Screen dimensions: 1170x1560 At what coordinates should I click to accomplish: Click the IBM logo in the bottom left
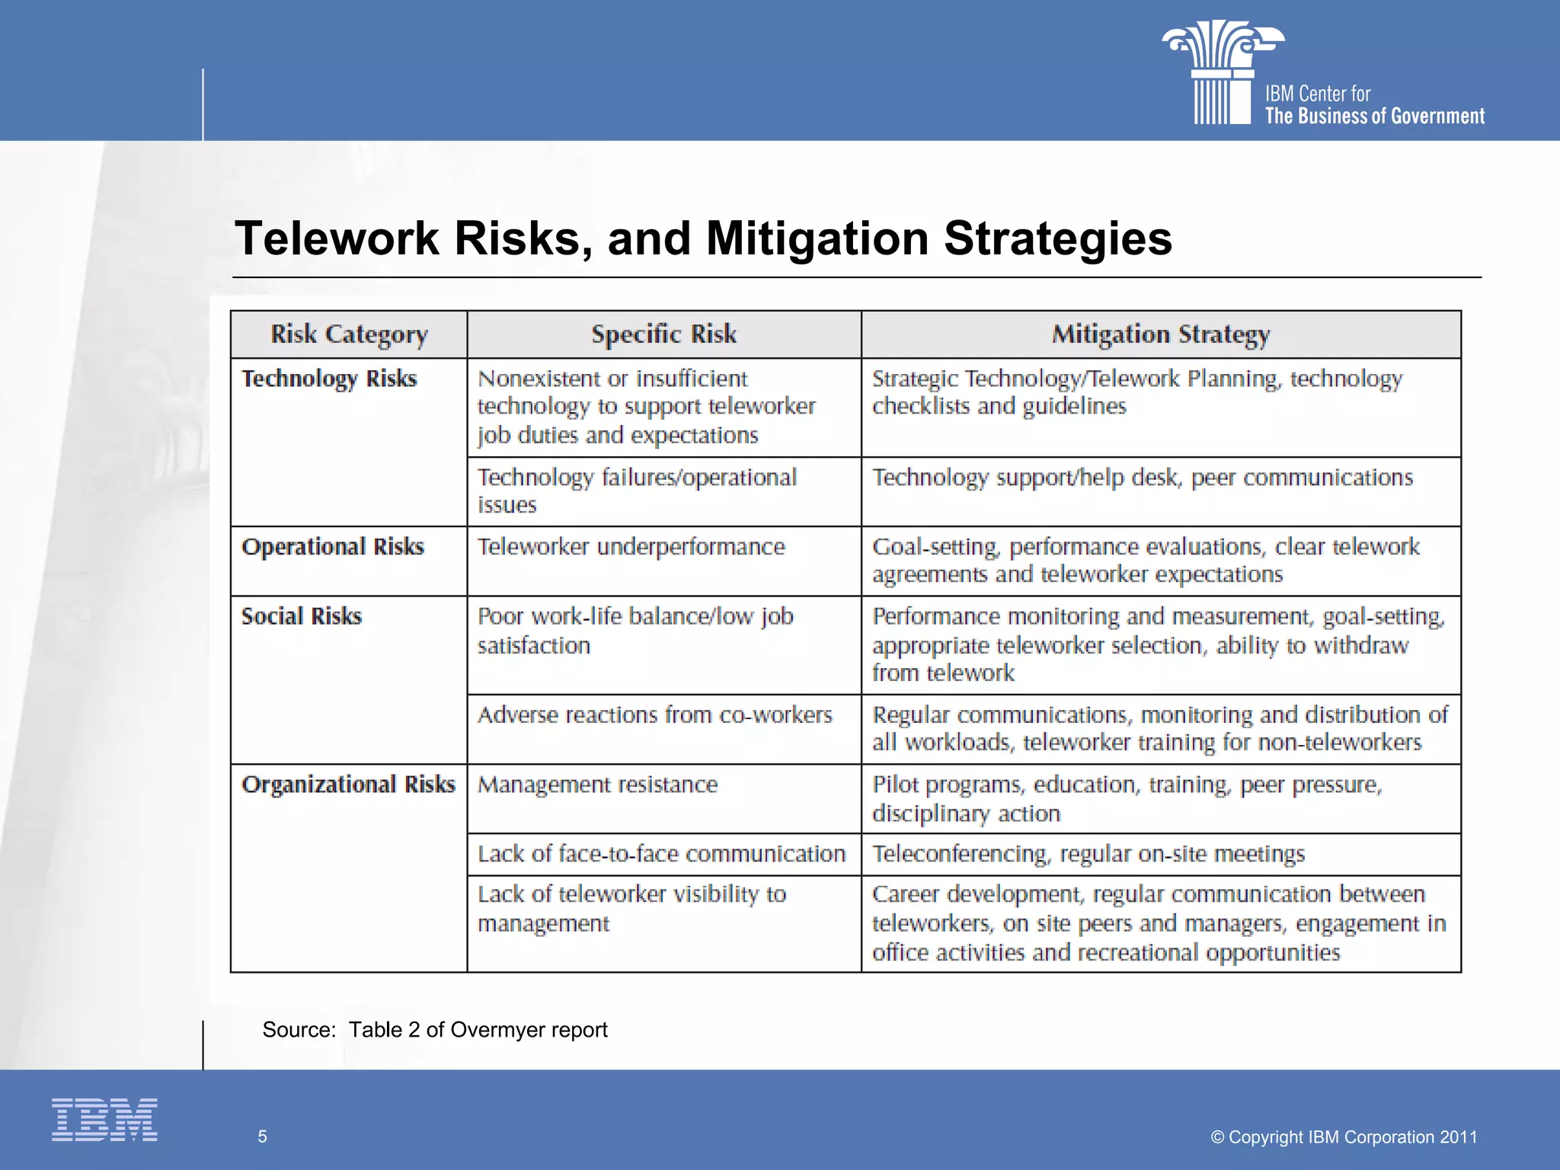[104, 1119]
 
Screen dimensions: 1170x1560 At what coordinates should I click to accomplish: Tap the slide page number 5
[262, 1136]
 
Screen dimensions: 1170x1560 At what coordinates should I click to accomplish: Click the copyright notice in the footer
[1344, 1136]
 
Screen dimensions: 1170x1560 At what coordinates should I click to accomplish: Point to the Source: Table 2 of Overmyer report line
[435, 1030]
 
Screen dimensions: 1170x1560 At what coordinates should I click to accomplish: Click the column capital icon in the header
[1223, 72]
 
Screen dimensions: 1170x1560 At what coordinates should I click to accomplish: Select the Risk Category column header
[349, 334]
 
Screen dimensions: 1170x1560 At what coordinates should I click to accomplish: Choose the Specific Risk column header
[663, 334]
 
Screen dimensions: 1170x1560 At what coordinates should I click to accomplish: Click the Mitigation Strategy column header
[1161, 334]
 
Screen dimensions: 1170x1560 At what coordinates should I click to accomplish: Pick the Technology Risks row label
[329, 379]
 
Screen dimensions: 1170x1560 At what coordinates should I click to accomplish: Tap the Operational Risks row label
[332, 547]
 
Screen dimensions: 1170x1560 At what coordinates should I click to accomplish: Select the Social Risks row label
[302, 616]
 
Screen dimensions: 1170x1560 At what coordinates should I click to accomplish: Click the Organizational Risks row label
[348, 785]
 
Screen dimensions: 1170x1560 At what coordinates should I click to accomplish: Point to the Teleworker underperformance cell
[631, 547]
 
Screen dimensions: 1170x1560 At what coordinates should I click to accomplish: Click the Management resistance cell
[597, 785]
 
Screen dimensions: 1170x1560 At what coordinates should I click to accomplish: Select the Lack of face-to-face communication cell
[661, 854]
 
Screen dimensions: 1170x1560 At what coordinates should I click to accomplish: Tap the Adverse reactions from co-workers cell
[654, 715]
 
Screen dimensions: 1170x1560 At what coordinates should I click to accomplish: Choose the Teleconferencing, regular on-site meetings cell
[1088, 854]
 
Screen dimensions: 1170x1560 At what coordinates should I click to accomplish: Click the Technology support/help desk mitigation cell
[1142, 478]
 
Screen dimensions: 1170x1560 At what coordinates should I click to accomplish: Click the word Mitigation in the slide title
[817, 238]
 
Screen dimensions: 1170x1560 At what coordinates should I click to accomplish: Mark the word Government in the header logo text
[1437, 117]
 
